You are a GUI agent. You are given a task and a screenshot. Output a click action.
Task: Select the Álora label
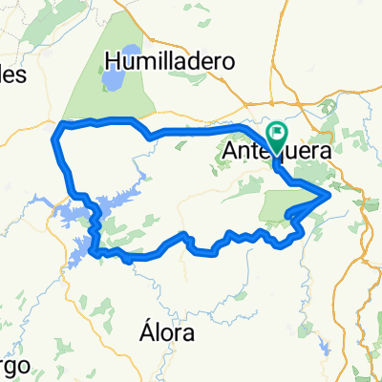tap(165, 334)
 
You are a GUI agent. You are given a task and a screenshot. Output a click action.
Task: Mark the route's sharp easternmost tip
tap(330, 195)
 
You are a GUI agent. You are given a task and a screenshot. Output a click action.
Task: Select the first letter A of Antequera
tap(230, 152)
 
